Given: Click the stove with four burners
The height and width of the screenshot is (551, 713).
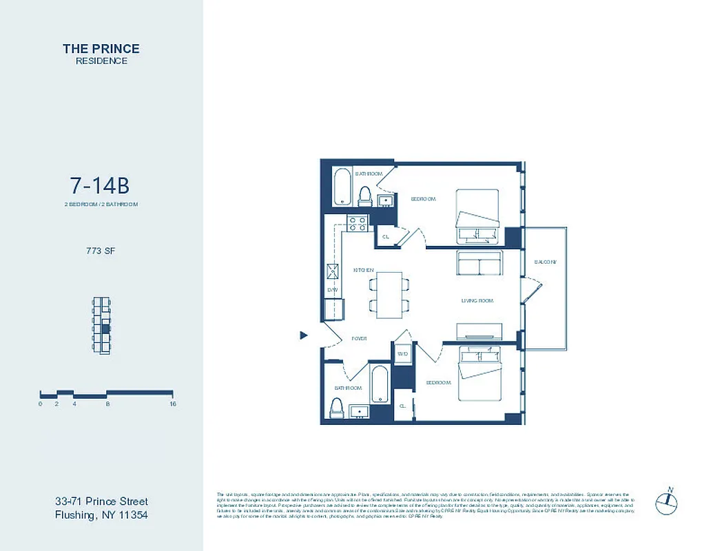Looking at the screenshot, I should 357,223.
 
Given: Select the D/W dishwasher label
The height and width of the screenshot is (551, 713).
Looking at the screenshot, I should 333,290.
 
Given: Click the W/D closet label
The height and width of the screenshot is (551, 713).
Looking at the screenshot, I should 402,354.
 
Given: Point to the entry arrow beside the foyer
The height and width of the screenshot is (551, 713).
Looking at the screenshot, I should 303,335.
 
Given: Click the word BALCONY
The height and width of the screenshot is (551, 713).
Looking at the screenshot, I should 545,262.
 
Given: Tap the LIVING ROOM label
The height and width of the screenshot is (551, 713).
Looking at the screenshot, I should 477,301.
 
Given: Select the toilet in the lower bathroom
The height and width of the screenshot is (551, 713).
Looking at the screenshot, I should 337,409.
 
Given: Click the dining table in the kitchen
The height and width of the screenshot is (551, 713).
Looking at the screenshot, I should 390,294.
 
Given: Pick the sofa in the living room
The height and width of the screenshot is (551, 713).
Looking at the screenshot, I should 479,264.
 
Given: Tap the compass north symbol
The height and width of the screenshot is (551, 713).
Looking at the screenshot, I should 667,501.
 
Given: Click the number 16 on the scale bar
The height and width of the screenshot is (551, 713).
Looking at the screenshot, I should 173,404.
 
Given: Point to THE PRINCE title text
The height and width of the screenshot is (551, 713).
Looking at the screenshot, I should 101,49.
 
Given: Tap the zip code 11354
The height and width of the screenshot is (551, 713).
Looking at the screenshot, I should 130,515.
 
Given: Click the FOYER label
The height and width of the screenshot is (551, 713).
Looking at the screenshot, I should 359,339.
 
